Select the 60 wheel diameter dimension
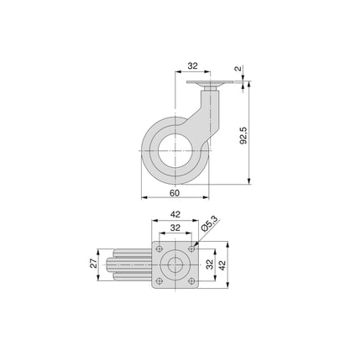pyautogui.click(x=175, y=194)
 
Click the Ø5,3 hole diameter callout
pyautogui.click(x=212, y=224)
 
